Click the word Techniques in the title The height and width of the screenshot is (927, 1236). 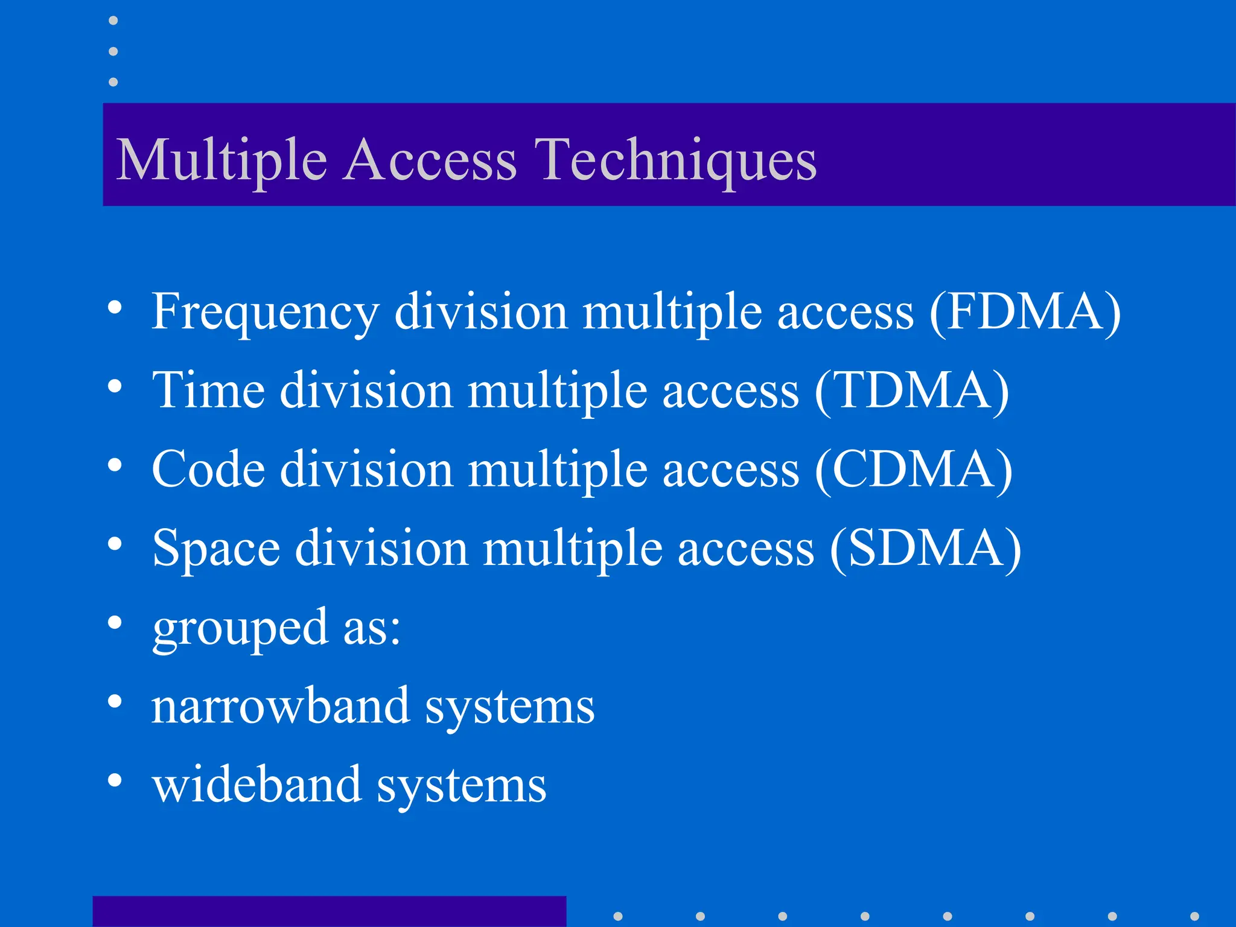click(676, 160)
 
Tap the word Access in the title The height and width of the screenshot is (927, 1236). click(430, 160)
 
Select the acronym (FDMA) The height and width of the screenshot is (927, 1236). click(1025, 312)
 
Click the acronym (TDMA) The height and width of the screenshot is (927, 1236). click(911, 391)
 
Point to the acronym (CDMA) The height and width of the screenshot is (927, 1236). click(913, 470)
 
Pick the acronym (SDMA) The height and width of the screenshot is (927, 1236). click(925, 548)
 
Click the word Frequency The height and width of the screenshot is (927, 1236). click(266, 312)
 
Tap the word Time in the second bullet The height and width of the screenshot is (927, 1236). click(208, 391)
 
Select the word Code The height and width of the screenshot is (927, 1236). click(208, 470)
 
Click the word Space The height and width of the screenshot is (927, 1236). click(215, 548)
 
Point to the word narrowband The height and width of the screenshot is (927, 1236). click(281, 706)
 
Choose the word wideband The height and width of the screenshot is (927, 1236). click(256, 785)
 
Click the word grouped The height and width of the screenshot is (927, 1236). click(240, 628)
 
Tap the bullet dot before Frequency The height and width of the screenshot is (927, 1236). click(115, 308)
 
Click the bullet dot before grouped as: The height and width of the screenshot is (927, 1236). click(115, 623)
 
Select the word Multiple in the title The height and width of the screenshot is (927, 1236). click(221, 160)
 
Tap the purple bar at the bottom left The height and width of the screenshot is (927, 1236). click(329, 911)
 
